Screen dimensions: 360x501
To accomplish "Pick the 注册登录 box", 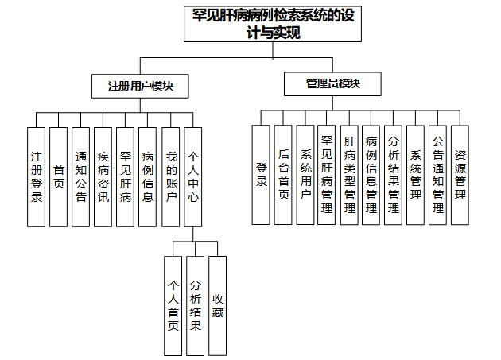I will [36, 176].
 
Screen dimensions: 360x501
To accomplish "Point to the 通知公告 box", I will [80, 176].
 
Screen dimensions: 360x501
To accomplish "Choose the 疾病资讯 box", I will [103, 176].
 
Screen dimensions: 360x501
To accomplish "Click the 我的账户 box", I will [170, 176].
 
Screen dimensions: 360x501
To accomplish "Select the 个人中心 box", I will [192, 176].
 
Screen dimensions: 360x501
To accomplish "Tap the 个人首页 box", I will [173, 306].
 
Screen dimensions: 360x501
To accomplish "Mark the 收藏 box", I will [217, 306].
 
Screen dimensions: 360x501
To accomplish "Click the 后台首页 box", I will [283, 175].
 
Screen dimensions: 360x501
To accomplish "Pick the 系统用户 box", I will [305, 175].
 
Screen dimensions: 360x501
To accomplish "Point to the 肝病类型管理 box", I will [349, 175].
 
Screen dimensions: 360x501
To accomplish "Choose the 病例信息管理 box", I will [371, 175].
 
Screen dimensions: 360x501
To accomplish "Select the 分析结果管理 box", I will [393, 175].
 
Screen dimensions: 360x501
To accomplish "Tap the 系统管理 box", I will [415, 175].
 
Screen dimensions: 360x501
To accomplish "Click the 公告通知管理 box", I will [437, 175].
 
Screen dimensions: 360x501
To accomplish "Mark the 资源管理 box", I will [460, 175].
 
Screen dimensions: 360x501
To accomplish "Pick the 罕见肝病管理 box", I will [327, 175].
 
